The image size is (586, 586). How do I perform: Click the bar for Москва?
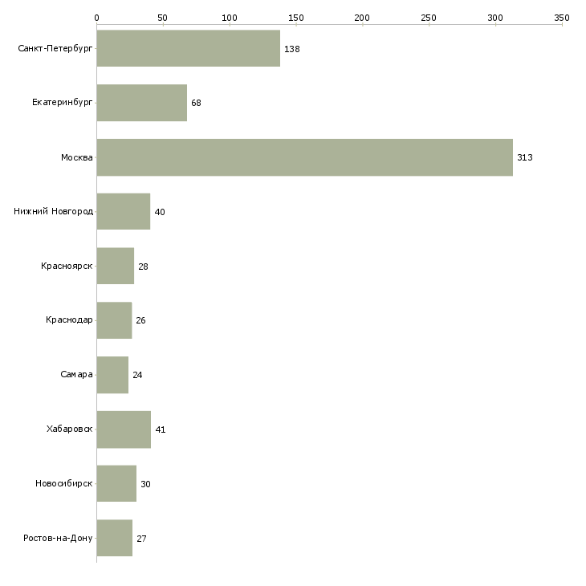coord(304,157)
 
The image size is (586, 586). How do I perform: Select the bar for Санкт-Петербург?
coord(188,48)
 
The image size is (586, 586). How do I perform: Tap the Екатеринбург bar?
coord(141,103)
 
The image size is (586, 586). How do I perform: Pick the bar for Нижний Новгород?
coord(123,212)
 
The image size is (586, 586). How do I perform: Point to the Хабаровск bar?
coord(124,429)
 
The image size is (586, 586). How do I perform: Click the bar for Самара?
coord(112,375)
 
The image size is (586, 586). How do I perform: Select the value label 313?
coord(524,157)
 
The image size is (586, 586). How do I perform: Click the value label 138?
coord(291,49)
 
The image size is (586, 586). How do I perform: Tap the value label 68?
coord(196,103)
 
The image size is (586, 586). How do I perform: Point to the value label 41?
coord(160,429)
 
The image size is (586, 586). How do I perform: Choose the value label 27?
coord(141,539)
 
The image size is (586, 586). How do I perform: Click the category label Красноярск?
coord(67,266)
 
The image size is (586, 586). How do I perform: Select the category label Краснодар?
coord(69,320)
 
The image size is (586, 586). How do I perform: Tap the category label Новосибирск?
coord(63,484)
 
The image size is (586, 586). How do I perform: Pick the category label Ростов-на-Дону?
coord(58,538)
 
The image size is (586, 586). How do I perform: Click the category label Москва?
coord(77,157)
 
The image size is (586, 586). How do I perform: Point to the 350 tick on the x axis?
coord(562,17)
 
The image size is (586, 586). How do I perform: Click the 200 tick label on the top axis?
coord(362,17)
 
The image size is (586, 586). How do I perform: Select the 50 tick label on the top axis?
coord(163,17)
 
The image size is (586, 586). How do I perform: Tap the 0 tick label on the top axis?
coord(96,17)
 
